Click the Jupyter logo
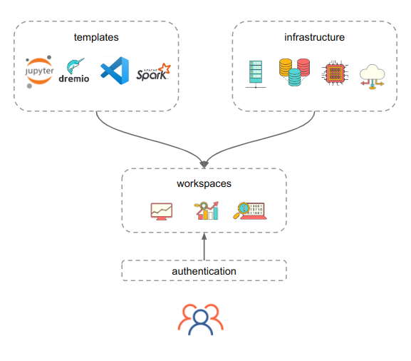click(39, 72)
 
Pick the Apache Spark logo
click(152, 71)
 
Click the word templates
click(96, 37)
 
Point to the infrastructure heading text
click(314, 37)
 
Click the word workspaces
click(204, 183)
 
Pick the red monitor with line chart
click(162, 211)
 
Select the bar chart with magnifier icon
click(206, 210)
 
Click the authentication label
click(204, 271)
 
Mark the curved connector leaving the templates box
click(121, 136)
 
